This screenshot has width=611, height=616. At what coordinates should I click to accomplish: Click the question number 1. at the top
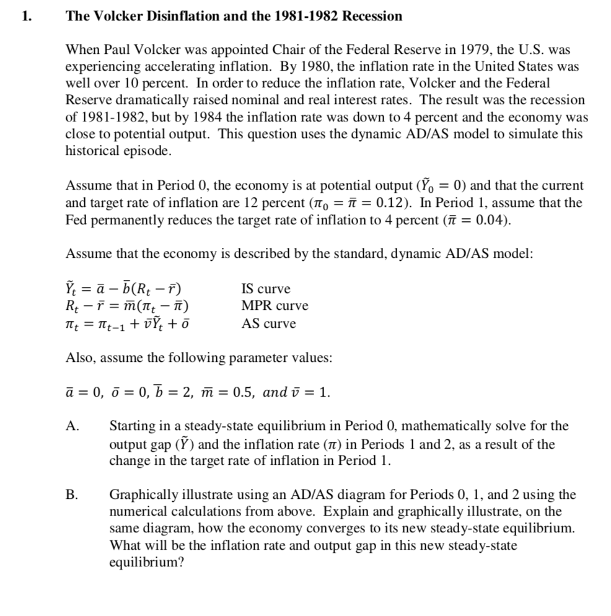[x=25, y=17]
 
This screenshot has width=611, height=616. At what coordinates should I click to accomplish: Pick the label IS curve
[x=265, y=289]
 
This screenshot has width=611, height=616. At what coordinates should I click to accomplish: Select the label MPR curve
[x=274, y=306]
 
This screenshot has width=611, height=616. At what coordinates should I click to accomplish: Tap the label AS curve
[x=268, y=323]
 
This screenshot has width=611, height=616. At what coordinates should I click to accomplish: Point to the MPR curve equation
[x=127, y=306]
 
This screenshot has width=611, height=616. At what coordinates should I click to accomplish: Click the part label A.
[x=73, y=426]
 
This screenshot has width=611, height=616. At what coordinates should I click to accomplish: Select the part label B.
[x=72, y=495]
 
